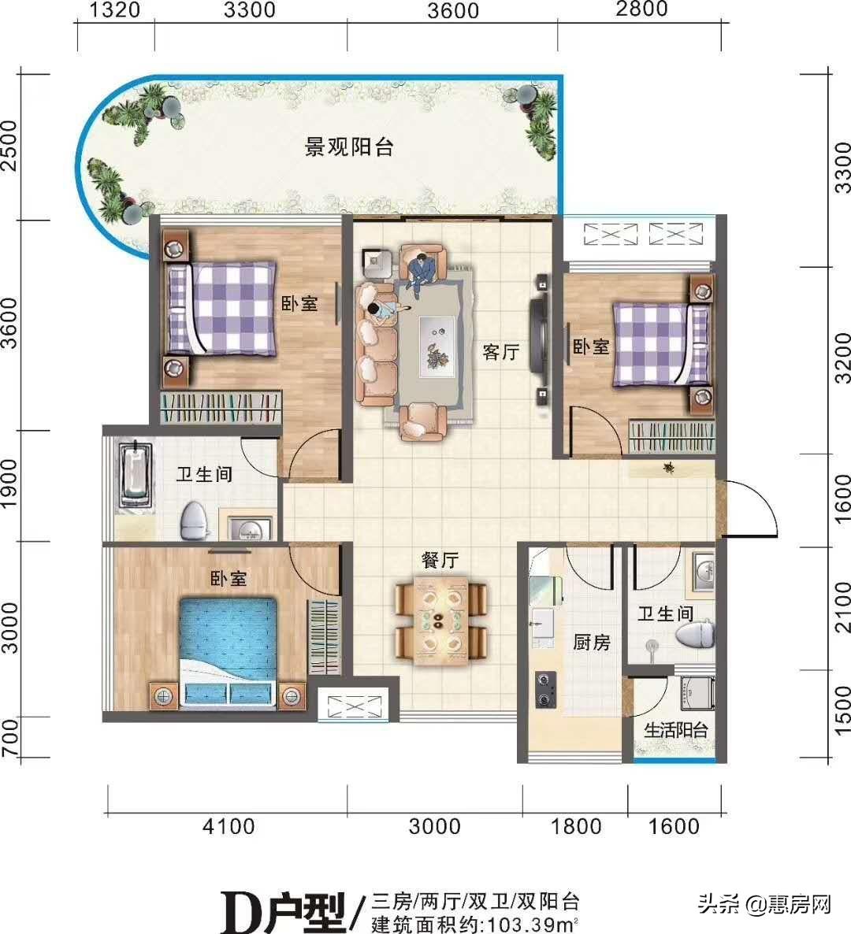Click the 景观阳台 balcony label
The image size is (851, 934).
pos(349,147)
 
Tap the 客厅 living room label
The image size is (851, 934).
pos(501,352)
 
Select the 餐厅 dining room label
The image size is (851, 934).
pos(440,560)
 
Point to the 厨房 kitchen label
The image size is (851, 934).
pos(592,642)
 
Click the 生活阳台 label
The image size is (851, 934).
pos(676,729)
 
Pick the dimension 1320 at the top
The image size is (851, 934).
pos(116,10)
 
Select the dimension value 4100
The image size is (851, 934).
pos(229,826)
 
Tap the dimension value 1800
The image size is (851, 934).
pos(575,826)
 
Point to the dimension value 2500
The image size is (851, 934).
pos(9,146)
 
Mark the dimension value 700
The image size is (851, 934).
pos(9,739)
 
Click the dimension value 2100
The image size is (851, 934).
pos(842,607)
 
